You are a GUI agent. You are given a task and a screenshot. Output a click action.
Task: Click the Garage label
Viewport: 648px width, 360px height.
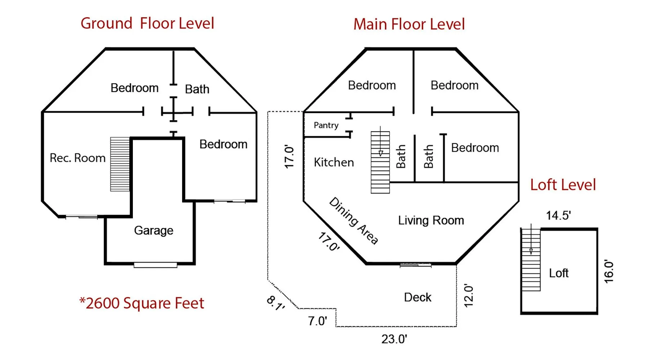point(154,230)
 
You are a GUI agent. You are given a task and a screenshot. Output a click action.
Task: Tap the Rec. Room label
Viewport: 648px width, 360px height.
point(77,158)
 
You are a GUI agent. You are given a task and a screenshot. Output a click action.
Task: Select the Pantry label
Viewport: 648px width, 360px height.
point(326,125)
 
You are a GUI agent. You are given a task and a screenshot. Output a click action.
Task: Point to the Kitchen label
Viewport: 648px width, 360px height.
point(334,162)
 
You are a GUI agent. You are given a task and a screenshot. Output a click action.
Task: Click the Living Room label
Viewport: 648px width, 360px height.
point(431,220)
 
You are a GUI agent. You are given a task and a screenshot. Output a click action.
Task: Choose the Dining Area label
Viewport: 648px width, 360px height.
point(354,221)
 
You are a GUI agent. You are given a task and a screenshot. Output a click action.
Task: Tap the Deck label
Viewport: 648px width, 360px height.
point(418,297)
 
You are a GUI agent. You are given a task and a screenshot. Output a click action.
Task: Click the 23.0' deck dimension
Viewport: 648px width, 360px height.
point(394,339)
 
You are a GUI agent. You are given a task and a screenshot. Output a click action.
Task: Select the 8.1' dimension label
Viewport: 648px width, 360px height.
point(276,303)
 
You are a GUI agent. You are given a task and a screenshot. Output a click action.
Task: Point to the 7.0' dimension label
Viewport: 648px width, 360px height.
point(318,321)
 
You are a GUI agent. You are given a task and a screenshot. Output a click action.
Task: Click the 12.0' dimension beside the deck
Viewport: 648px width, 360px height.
point(468,296)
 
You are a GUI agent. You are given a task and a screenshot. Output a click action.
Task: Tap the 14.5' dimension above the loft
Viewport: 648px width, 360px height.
point(558,215)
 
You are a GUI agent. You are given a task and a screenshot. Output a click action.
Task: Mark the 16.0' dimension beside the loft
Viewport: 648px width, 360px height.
point(608,271)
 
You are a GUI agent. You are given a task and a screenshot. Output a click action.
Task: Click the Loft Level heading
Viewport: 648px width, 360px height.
point(563,185)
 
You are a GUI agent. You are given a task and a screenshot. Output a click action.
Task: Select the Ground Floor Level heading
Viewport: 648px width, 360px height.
point(147,23)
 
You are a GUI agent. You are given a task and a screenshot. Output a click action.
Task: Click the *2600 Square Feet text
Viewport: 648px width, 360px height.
point(141,303)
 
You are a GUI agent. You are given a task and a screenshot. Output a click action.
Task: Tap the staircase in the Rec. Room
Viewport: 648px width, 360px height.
point(120,164)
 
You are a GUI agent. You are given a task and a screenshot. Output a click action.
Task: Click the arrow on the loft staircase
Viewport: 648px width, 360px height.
point(531,239)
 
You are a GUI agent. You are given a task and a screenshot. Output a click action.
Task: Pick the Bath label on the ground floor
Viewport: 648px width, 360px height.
point(197,89)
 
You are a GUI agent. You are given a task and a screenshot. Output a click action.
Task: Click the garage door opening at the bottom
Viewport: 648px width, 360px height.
point(156,265)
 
